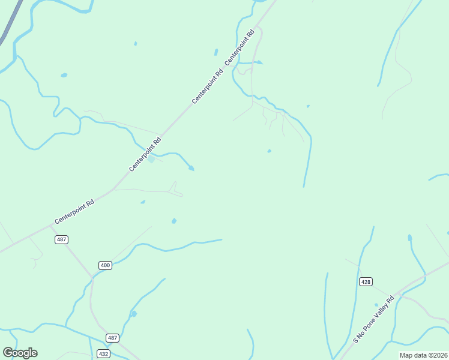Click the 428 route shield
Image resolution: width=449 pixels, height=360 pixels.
pos(365,281)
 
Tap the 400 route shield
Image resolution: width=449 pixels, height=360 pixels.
pos(105,265)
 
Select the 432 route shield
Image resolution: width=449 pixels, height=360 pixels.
pos(103,354)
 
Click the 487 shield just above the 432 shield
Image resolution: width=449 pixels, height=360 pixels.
pos(112,338)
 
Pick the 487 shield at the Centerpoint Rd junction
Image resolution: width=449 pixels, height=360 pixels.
pos(61,239)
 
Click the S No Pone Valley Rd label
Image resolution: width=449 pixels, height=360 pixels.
pos(373,319)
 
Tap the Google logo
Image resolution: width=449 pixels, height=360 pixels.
pos(20,353)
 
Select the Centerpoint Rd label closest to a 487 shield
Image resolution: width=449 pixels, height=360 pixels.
pos(74,212)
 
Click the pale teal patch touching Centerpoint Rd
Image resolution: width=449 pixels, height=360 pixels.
pos(151,159)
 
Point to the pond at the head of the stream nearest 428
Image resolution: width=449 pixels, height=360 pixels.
pos(410,238)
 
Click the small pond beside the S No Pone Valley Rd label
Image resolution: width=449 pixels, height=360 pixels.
pos(376,305)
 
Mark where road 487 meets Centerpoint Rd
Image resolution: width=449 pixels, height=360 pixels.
pos(50,226)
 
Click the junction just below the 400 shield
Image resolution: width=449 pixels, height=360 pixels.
pos(92,278)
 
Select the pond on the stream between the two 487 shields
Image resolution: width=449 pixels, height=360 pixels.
pos(133,314)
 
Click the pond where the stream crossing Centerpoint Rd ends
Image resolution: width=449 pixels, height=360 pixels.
pos(191,169)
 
